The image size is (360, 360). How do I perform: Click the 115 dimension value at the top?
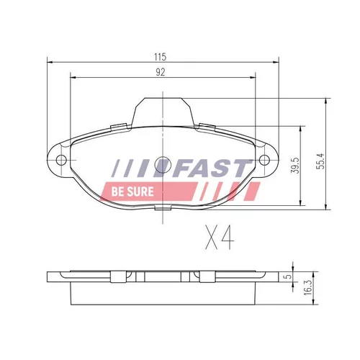click(161, 57)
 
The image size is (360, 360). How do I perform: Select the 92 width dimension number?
click(161, 72)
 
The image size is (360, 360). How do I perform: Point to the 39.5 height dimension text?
click(294, 166)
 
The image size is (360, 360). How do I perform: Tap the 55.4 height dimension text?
click(320, 161)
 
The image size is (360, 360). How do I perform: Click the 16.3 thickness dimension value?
click(308, 287)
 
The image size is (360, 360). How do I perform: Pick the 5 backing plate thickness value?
click(288, 276)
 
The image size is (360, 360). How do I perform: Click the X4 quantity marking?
click(220, 237)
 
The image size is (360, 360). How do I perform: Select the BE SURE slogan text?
click(132, 192)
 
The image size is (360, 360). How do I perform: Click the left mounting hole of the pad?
click(61, 160)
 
